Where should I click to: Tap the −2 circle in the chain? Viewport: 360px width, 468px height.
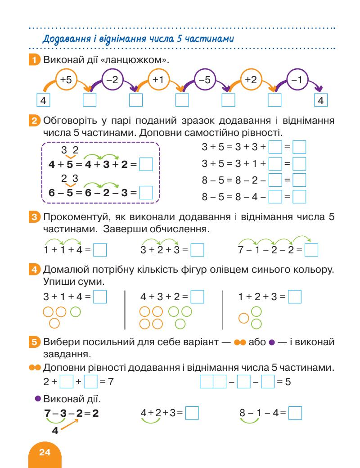[112, 80]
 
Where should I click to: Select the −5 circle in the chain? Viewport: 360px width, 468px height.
[205, 80]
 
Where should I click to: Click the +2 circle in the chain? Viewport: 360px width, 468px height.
[251, 80]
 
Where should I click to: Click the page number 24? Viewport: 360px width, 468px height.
[45, 451]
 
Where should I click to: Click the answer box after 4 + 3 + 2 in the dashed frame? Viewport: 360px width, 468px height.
[146, 165]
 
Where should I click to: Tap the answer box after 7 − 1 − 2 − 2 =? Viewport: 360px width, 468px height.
[311, 249]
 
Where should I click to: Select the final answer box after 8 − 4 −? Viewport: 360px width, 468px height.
[299, 196]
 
